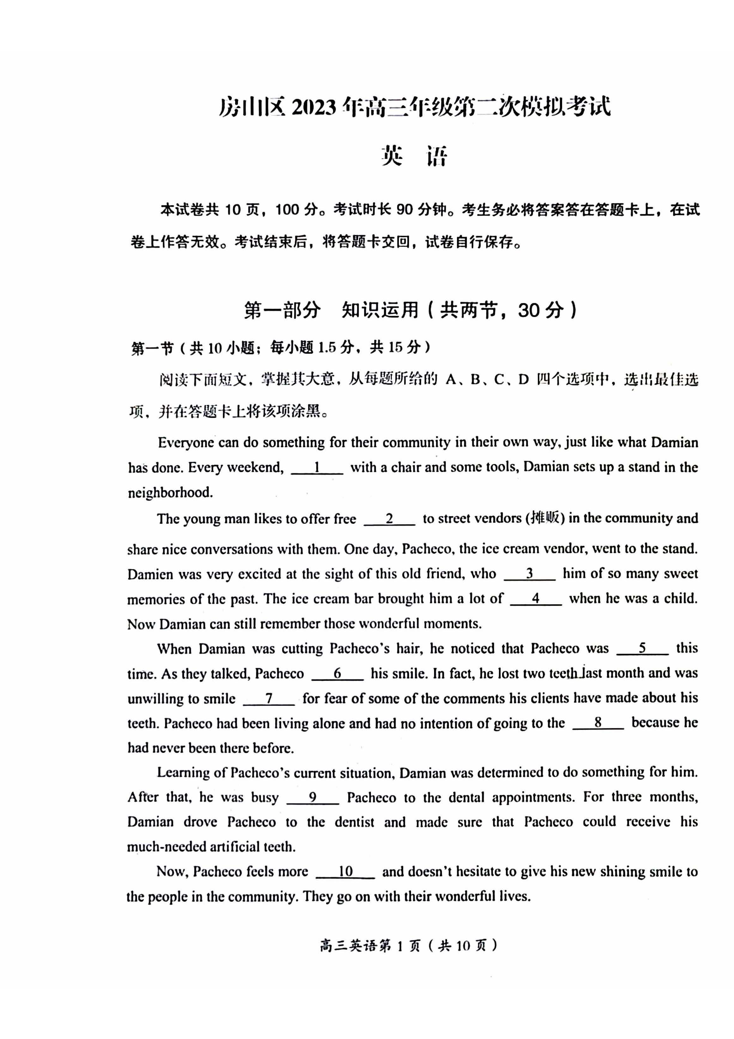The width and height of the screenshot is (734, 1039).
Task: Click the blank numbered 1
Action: (317, 468)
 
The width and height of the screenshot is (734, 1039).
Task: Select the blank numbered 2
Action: (389, 519)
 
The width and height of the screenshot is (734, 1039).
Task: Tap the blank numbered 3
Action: (530, 574)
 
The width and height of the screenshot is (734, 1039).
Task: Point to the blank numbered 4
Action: (536, 599)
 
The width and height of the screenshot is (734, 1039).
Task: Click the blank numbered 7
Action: (269, 698)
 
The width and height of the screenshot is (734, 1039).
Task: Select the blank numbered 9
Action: (312, 798)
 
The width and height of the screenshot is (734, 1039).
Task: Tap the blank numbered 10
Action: (346, 871)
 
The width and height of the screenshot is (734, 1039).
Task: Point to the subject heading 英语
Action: (414, 156)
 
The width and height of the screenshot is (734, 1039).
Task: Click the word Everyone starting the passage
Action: (186, 443)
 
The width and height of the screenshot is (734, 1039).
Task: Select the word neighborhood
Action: (170, 492)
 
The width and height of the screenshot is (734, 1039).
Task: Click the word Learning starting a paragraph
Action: (184, 773)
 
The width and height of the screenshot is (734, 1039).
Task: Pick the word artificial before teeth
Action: (231, 847)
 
